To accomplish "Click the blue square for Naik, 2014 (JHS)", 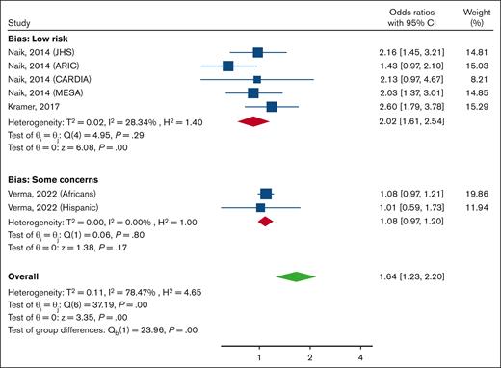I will (257, 52).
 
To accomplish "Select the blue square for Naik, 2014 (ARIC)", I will (227, 66).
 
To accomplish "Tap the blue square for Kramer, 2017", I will (272, 107).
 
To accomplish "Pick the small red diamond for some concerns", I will (266, 221).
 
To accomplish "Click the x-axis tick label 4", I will (360, 357).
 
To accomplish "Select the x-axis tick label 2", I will (310, 357).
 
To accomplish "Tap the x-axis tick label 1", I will (260, 357).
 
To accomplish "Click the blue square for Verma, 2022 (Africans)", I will (266, 194).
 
